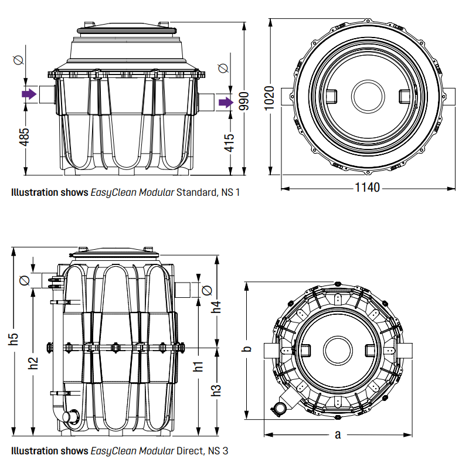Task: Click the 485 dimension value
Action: pos(24,137)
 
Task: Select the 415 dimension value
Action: pos(229,142)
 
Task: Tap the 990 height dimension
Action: pos(244,101)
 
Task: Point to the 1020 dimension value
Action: pos(269,98)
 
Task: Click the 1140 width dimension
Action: pos(368,188)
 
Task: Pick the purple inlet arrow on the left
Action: pos(29,94)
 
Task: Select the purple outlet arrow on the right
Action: pos(226,103)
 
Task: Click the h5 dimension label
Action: pos(13,339)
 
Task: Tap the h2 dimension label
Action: pos(33,363)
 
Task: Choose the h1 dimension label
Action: pos(198,367)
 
